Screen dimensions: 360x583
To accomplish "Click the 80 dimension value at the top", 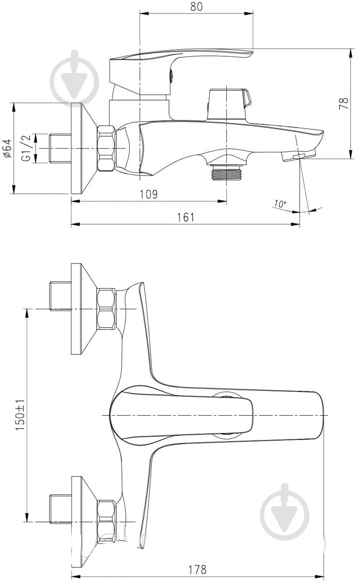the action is coord(197,6).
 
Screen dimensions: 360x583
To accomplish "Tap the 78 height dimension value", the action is coord(344,103).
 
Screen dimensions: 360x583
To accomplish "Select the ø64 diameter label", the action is coord(7,149).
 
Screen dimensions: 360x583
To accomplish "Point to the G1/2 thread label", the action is coord(26,148).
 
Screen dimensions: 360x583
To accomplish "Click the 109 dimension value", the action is coord(148,194).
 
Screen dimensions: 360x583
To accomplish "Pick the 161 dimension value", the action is coord(185,217).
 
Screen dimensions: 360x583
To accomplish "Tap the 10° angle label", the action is coord(280,204).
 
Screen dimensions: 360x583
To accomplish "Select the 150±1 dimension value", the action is coord(20,415).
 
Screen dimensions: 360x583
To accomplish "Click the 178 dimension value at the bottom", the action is coord(197,569).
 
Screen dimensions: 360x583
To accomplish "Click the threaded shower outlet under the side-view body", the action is coord(226,171).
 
